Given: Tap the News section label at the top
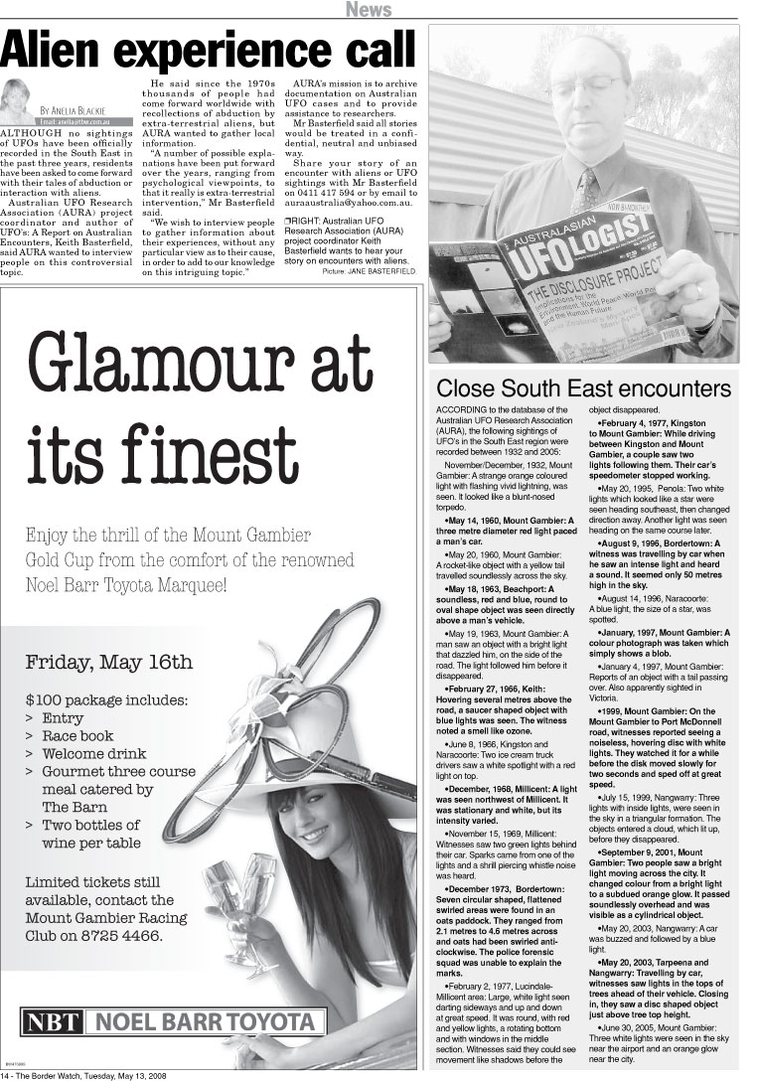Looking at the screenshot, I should point(369,10).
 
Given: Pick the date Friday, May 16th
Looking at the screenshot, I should point(108,662).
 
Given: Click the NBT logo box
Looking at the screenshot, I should point(53,1022).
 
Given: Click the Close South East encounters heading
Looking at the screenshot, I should point(583,387).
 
